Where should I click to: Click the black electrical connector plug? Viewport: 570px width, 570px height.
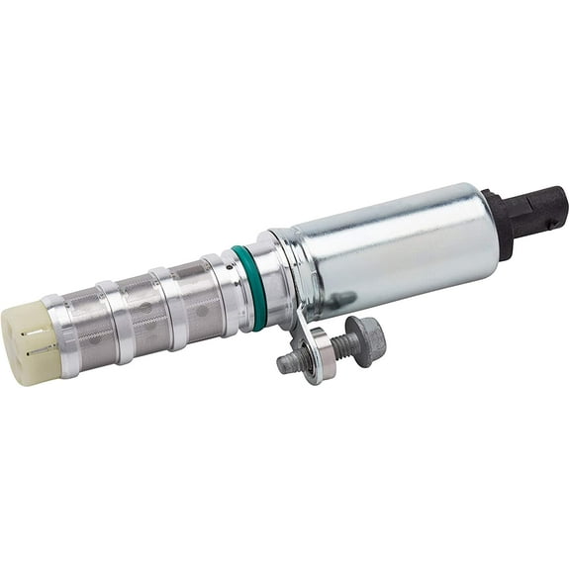tap(539, 209)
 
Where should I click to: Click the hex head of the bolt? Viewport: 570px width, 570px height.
tap(365, 338)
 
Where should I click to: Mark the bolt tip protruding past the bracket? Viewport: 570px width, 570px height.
tap(288, 362)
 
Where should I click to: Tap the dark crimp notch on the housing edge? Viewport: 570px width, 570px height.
tap(339, 300)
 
